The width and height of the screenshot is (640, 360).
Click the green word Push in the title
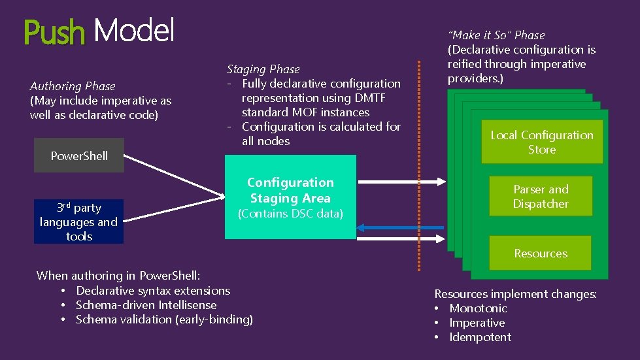[54, 31]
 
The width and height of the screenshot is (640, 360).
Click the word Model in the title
[134, 30]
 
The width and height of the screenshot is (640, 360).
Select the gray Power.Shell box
[79, 155]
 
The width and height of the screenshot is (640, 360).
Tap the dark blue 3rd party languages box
[78, 222]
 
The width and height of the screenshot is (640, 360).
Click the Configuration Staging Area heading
[290, 190]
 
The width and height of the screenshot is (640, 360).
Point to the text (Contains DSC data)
[290, 214]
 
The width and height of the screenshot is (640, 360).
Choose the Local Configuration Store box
[541, 142]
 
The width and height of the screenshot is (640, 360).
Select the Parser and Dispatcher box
[541, 197]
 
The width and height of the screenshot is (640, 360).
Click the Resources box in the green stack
[541, 254]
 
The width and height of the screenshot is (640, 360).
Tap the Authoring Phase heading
[73, 86]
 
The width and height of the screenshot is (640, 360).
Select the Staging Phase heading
[263, 69]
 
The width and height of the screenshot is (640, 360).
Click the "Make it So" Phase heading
[496, 35]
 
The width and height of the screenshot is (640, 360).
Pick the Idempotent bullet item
[480, 337]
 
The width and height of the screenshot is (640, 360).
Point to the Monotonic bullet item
[478, 308]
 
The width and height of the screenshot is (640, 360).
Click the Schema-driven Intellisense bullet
[146, 305]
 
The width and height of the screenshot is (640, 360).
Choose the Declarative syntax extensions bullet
[153, 291]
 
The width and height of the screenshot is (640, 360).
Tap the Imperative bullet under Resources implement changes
[477, 323]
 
